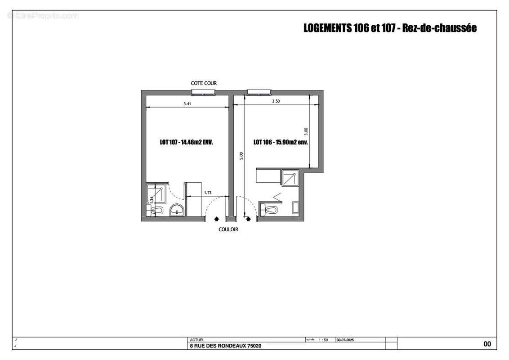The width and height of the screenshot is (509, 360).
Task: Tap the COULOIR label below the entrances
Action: (x=228, y=229)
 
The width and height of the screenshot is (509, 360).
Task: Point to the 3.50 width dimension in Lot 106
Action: (x=276, y=102)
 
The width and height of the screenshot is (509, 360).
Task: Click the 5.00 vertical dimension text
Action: (x=241, y=155)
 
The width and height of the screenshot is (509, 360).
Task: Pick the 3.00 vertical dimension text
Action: (x=306, y=131)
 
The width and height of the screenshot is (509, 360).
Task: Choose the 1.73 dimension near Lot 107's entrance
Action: (x=208, y=193)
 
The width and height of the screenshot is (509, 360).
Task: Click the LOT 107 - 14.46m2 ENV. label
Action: (x=186, y=142)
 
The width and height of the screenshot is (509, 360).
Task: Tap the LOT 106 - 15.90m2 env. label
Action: (x=281, y=142)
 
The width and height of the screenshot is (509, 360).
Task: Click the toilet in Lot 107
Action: (x=156, y=211)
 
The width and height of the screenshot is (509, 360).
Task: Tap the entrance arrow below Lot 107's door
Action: (x=217, y=219)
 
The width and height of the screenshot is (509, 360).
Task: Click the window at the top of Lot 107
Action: (x=203, y=93)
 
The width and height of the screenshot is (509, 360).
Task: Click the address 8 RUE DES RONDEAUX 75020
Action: (x=226, y=346)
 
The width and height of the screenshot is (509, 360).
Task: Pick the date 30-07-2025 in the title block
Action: (x=345, y=341)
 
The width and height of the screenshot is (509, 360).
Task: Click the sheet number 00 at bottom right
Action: (x=487, y=344)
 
